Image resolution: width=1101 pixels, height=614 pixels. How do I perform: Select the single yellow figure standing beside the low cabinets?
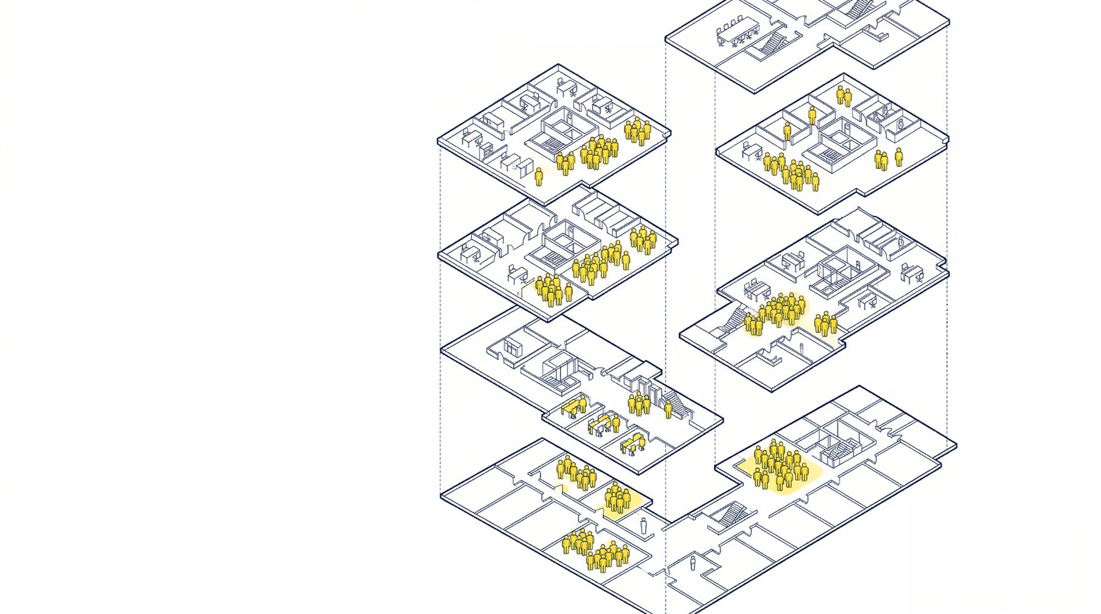[539, 177]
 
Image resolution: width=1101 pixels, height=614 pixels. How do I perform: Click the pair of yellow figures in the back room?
[843, 96]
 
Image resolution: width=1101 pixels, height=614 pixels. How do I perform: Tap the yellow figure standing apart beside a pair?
[898, 157]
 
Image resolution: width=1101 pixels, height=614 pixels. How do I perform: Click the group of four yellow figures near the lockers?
[639, 404]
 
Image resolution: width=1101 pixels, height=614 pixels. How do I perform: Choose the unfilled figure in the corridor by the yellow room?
[644, 526]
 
